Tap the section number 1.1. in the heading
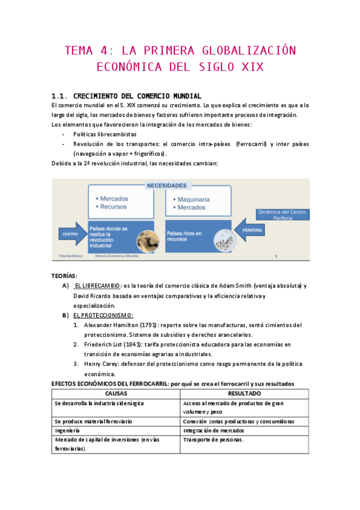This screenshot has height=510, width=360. coord(61,96)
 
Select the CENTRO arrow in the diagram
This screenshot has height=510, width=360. coord(70,233)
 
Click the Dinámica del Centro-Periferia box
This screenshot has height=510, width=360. coord(282,215)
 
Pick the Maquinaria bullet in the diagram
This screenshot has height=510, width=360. coord(193,199)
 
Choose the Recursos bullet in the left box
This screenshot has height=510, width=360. coord(113,207)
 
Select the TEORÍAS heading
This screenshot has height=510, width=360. coord(64,275)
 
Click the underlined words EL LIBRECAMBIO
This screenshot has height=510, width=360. coord(97,286)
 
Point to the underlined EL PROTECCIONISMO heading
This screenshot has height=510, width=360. coord(103,315)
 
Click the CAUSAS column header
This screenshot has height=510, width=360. coord(115,393)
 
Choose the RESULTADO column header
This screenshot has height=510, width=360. coord(245,393)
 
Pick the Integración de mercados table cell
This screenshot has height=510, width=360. coord(215,431)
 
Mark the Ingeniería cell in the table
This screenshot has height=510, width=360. coord(67,431)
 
